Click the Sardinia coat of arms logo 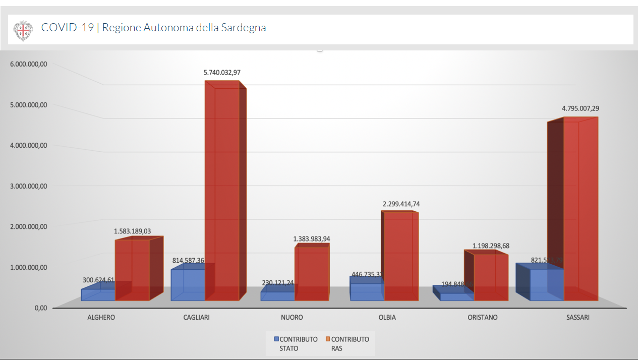pyautogui.click(x=23, y=30)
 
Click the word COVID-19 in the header pyautogui.click(x=67, y=28)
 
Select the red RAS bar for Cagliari pyautogui.click(x=222, y=192)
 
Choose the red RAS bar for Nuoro pyautogui.click(x=312, y=272)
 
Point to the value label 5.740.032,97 pyautogui.click(x=222, y=73)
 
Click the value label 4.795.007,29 pyautogui.click(x=581, y=108)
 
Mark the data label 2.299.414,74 pyautogui.click(x=401, y=204)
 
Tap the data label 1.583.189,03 pyautogui.click(x=132, y=231)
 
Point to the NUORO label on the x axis pyautogui.click(x=292, y=318)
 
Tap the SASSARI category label pyautogui.click(x=577, y=318)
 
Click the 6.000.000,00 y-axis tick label pyautogui.click(x=29, y=64)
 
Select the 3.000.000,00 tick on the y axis pyautogui.click(x=29, y=186)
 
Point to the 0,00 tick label pyautogui.click(x=41, y=308)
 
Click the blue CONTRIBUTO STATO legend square pyautogui.click(x=276, y=339)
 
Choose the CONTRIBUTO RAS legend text pyautogui.click(x=350, y=343)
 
